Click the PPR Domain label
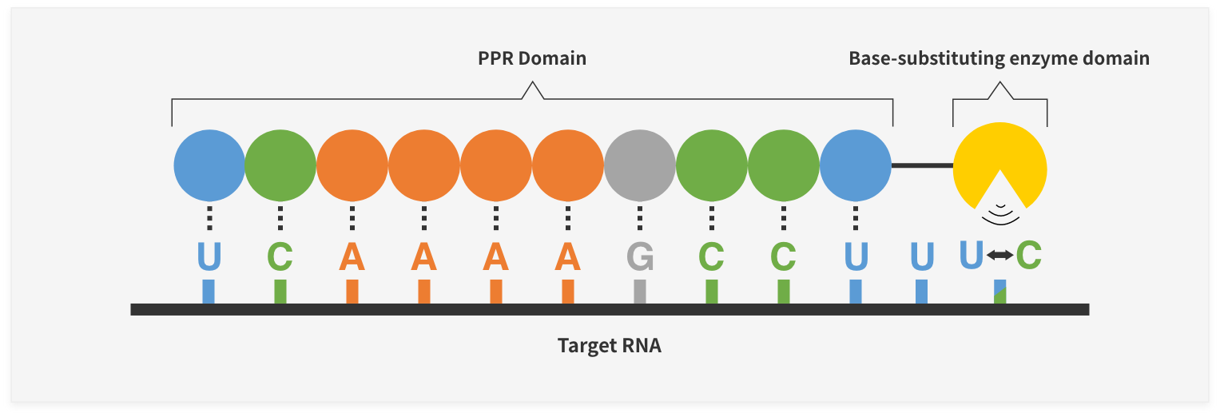point(532,58)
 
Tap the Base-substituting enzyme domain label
point(999,58)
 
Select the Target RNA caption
point(610,346)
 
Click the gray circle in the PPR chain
point(640,165)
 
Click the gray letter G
point(640,256)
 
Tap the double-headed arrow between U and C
point(1000,254)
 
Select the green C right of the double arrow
point(1029,255)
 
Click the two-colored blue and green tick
point(1000,292)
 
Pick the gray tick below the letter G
point(640,292)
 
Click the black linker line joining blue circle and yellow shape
point(922,165)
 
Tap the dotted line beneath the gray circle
point(640,218)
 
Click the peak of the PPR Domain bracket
point(533,82)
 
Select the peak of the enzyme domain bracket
point(1000,82)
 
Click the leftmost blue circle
point(209,165)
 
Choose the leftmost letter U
point(209,256)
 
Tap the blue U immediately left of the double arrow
point(972,255)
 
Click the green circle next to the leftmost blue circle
point(280,165)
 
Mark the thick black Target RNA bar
point(610,310)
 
